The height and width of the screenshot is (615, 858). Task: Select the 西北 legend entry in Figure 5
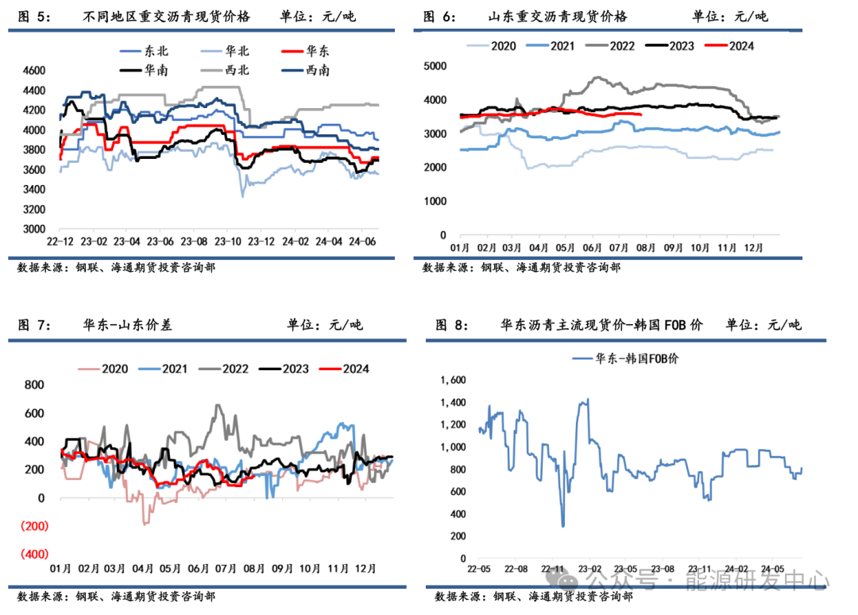click(x=238, y=70)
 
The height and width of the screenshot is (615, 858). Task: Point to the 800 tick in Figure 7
click(x=34, y=385)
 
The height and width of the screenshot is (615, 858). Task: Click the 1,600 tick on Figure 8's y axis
click(x=450, y=381)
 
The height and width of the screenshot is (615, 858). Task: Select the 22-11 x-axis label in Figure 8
click(x=554, y=569)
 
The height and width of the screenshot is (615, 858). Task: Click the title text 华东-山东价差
click(x=126, y=324)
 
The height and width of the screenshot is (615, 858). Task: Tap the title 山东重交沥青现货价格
click(x=558, y=17)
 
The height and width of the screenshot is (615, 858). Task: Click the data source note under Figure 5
click(x=116, y=268)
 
